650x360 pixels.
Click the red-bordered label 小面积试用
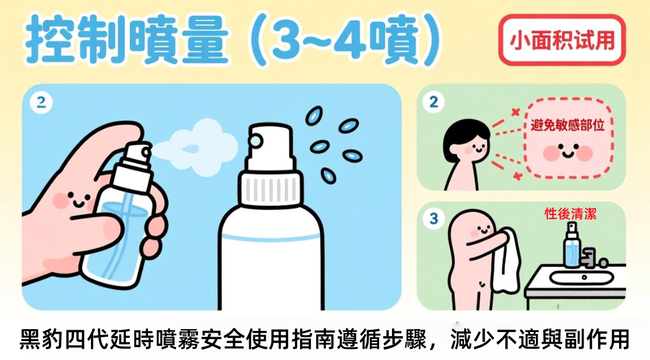561,40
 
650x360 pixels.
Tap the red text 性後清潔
570,214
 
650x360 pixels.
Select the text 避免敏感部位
567,125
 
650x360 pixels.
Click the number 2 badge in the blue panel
41,102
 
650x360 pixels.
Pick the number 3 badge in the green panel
433,218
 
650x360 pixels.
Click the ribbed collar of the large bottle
270,189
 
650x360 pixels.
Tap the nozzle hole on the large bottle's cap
256,141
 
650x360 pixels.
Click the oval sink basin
582,277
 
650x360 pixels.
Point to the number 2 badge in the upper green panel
433,101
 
